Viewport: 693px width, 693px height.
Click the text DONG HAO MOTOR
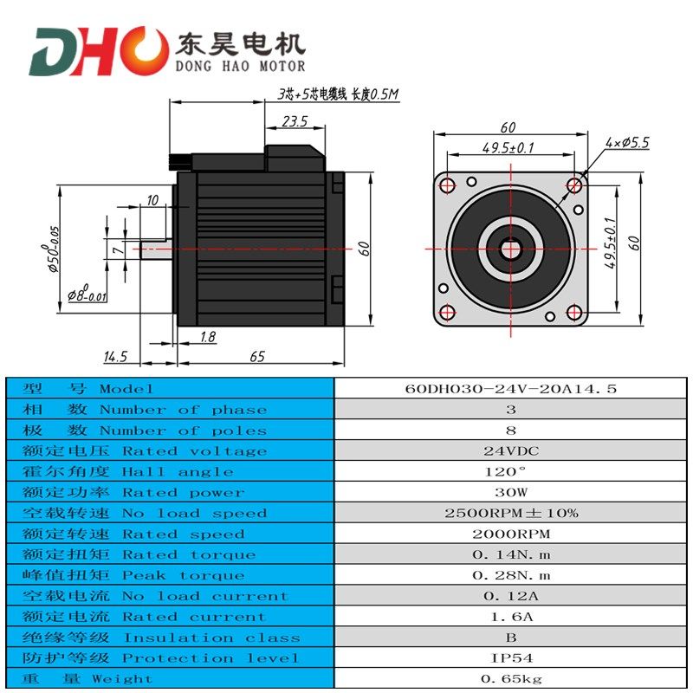[240, 67]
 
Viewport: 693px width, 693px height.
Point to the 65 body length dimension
[257, 356]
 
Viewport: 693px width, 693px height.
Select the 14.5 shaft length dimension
[115, 356]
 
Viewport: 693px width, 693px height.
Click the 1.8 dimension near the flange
[208, 337]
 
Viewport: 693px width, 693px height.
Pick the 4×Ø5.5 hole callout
[628, 142]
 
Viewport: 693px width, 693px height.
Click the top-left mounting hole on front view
[447, 184]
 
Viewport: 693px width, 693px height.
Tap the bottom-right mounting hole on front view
[575, 312]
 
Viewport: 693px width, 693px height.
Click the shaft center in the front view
[511, 248]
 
